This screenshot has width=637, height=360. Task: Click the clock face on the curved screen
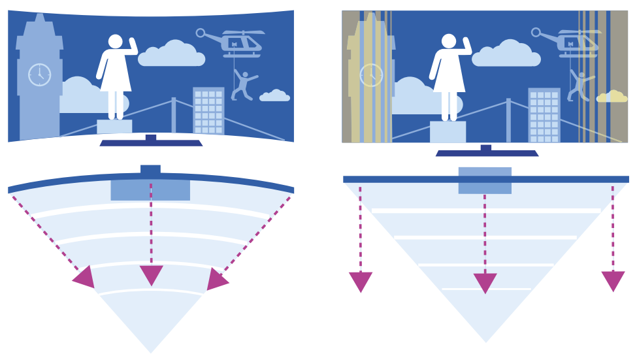[39, 75]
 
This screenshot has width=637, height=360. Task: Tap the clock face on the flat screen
[371, 75]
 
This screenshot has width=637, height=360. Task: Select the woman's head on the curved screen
[116, 41]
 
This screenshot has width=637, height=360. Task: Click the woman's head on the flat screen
[449, 41]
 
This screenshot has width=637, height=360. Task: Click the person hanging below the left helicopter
[244, 85]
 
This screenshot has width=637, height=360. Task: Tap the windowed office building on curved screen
[208, 111]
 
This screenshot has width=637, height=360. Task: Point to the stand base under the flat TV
[487, 153]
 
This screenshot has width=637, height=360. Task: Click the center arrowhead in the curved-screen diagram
[151, 275]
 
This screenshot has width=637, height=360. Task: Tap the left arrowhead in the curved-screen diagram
[85, 278]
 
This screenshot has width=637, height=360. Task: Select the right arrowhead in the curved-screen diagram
[216, 279]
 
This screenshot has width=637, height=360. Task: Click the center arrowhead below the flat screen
[485, 283]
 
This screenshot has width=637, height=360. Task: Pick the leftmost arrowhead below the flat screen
[361, 282]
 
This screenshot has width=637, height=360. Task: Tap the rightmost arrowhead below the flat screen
[613, 281]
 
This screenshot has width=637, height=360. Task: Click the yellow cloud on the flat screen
[612, 97]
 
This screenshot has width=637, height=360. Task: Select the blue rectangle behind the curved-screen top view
[150, 190]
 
